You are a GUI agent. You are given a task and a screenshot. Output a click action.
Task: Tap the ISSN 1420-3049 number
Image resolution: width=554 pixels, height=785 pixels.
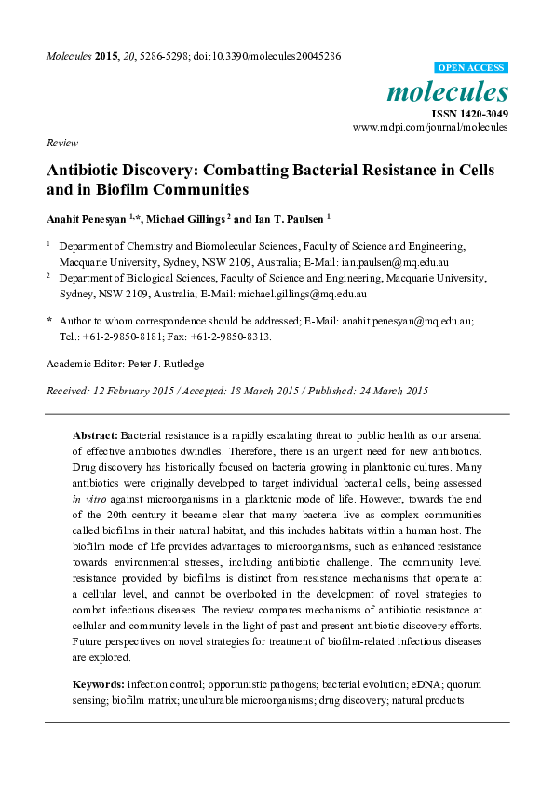pyautogui.click(x=468, y=113)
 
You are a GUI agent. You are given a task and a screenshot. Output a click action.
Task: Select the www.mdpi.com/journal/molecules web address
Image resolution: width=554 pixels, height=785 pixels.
pyautogui.click(x=430, y=127)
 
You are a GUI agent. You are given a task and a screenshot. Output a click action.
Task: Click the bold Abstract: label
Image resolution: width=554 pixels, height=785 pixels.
pyautogui.click(x=96, y=435)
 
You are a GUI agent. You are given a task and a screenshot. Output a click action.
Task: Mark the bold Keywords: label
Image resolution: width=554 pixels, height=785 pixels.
pyautogui.click(x=99, y=684)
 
